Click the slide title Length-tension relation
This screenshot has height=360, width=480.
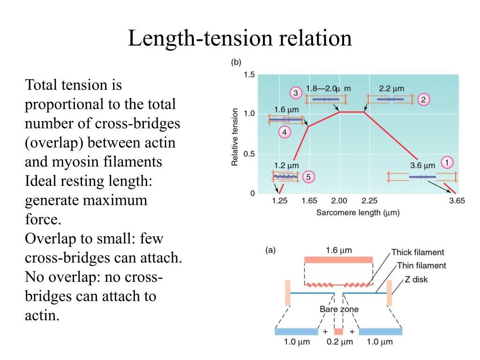tap(240, 38)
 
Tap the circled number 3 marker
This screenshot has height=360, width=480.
tap(296, 93)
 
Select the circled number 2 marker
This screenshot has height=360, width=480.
tap(423, 99)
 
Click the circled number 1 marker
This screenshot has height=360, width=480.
tap(447, 163)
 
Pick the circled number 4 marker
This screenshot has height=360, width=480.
tap(285, 132)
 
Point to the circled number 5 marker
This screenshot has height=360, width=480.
tap(308, 177)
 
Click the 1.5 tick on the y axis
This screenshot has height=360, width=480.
tap(249, 75)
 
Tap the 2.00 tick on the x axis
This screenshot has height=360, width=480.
tap(339, 201)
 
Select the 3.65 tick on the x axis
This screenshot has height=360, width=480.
tap(457, 201)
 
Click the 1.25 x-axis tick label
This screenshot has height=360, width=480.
tap(280, 201)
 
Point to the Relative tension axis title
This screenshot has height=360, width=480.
tap(235, 137)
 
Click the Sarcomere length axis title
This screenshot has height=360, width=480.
tap(358, 213)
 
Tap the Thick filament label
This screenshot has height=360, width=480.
tap(418, 252)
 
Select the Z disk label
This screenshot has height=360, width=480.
tap(416, 279)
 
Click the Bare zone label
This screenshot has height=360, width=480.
tap(339, 309)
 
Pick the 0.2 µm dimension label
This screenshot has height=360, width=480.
tap(339, 342)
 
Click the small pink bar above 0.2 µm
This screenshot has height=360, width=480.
tap(338, 331)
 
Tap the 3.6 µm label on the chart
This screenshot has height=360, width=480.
tap(422, 165)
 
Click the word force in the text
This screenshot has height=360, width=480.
tap(43, 219)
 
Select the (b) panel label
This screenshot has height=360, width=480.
tap(236, 62)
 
